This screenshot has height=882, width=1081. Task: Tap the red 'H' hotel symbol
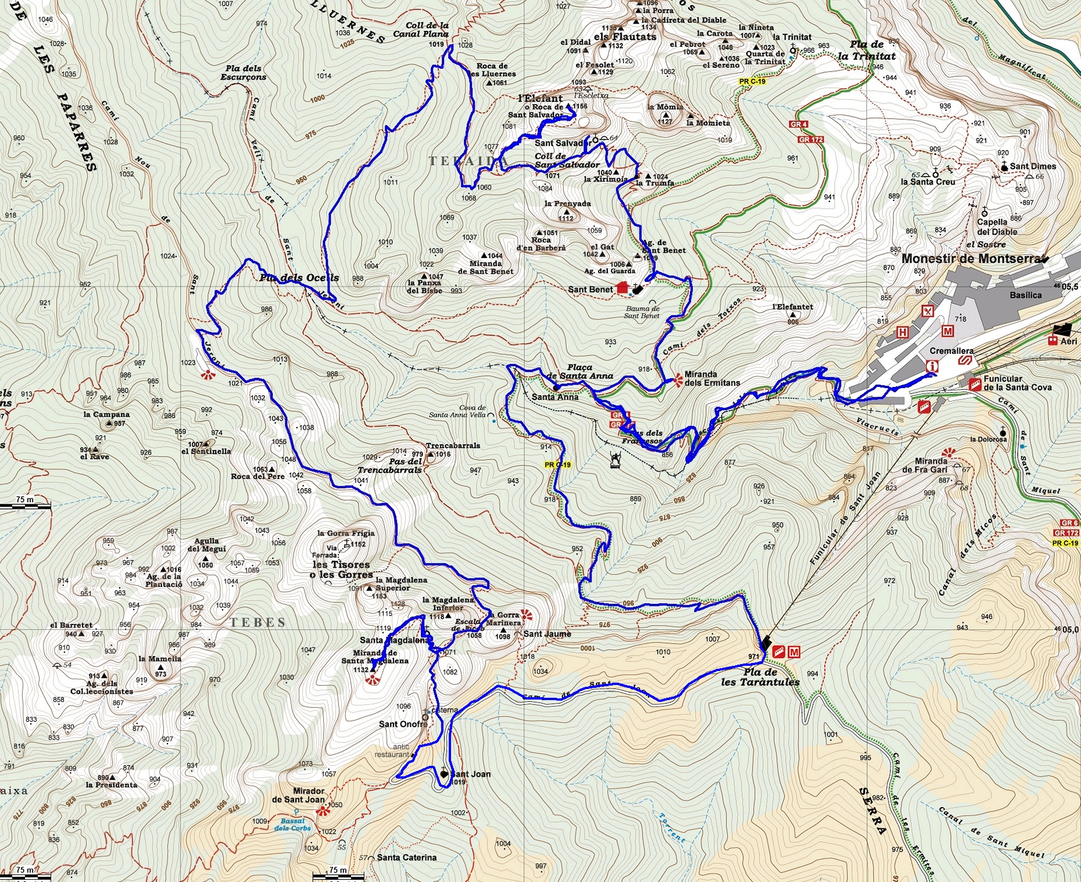[x=902, y=332]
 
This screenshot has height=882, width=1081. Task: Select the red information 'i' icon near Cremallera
[x=932, y=366]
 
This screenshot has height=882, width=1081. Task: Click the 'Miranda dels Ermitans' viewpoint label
[x=712, y=379]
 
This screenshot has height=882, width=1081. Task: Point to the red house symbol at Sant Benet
[x=622, y=288]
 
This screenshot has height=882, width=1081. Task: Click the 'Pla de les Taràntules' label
[x=760, y=677]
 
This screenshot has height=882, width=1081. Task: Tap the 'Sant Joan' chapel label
[x=471, y=774]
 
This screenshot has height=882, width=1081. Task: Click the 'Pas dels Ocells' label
[x=299, y=278]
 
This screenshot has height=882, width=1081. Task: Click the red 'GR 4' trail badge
[x=799, y=124]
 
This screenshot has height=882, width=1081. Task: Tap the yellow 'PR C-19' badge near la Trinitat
[x=752, y=82]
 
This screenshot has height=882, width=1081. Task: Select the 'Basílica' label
[x=1026, y=295]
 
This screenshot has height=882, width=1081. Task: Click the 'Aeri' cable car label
[x=1068, y=341]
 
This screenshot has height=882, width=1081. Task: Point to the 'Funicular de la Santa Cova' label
[x=1017, y=383]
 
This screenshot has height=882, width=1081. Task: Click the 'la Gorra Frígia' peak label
[x=346, y=533]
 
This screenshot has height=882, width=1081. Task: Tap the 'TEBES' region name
[x=257, y=623]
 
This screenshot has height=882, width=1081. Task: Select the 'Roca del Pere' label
[x=257, y=476]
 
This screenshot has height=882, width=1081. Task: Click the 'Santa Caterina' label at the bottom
[x=406, y=858]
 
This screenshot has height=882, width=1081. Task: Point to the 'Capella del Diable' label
[x=997, y=227]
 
